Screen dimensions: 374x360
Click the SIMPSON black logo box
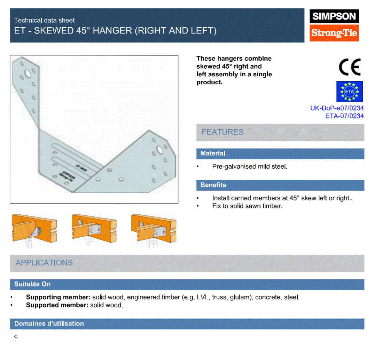coord(334,16)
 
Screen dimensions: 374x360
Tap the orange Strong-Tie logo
coord(334,33)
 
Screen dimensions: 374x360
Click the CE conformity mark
coord(350,67)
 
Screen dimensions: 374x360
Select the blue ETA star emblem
coord(350,92)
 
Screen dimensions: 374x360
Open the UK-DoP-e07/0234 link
coord(337,108)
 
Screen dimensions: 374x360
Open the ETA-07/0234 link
coord(345,116)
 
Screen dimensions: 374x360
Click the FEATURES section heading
coord(223,132)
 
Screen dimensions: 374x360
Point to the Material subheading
coord(213,153)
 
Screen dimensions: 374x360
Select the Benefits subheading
coord(213,185)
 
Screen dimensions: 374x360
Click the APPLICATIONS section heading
coord(44,263)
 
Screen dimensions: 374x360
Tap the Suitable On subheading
coord(32,284)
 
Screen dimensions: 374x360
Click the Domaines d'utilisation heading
coord(49,324)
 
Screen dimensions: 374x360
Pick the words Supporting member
coord(58,297)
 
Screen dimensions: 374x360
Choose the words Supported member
coord(57,305)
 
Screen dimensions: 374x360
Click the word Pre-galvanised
coord(231,166)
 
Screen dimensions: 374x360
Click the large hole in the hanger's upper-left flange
coord(28,74)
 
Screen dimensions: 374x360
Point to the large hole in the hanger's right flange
coord(159,150)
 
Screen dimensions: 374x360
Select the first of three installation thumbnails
coord(34,231)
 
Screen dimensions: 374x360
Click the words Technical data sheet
coord(44,20)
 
